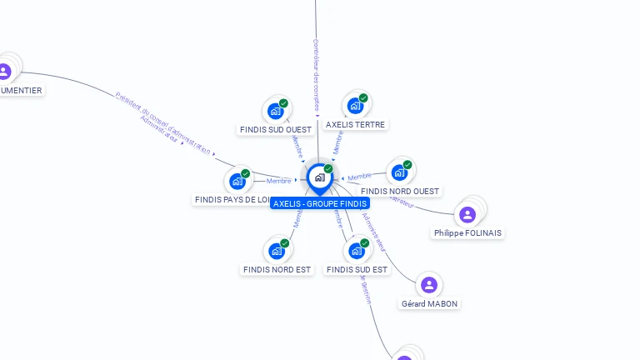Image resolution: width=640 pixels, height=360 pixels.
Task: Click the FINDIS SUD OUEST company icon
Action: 275,111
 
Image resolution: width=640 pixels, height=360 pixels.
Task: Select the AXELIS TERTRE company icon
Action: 355,106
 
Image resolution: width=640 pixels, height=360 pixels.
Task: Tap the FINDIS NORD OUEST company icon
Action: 399,172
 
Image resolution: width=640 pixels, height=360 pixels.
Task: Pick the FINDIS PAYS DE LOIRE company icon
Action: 237,181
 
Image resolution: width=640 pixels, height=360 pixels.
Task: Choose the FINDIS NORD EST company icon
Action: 277,251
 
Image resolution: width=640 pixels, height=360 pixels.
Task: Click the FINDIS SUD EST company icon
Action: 357,251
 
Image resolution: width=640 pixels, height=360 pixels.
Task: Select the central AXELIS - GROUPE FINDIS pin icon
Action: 319,177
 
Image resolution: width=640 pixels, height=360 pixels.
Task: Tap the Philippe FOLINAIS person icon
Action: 467,215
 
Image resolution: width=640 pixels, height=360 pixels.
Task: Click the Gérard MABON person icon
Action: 429,285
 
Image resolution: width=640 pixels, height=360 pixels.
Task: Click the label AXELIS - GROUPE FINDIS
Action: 320,203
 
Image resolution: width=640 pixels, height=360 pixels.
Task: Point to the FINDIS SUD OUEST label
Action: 275,129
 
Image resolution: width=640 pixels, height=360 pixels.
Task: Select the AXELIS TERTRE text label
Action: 356,124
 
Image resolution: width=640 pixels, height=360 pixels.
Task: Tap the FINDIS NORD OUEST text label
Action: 400,191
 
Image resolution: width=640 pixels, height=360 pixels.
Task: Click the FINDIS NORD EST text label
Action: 277,269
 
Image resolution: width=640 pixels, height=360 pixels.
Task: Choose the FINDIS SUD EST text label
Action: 357,269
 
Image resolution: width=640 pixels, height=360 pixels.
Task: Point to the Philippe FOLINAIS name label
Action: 467,233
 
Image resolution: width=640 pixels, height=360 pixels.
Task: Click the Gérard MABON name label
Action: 429,303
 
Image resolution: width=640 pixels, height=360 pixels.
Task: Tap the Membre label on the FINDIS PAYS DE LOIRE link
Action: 278,181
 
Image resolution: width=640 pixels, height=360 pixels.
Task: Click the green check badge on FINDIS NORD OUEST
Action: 407,164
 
